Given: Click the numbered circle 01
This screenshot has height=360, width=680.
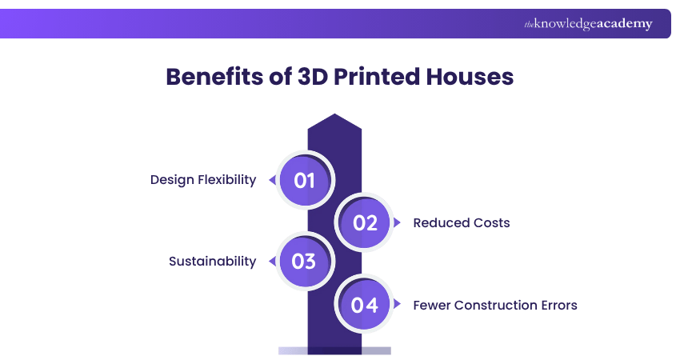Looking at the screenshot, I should (x=304, y=180).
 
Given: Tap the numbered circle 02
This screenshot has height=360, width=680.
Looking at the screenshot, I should (x=365, y=222).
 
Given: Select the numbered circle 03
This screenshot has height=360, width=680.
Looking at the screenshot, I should (x=304, y=262).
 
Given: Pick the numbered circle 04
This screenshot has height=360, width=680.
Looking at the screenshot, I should (x=365, y=305).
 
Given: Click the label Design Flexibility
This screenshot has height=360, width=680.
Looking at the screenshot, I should (x=203, y=180).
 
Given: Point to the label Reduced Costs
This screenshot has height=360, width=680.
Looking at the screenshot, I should (x=462, y=222).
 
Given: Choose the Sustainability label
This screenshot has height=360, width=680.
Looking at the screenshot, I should (x=212, y=262).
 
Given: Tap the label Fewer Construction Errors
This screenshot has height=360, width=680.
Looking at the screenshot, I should (x=495, y=305).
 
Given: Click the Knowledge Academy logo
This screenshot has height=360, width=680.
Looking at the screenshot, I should (x=588, y=24).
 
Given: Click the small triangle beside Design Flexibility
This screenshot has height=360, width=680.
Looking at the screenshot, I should (x=272, y=181).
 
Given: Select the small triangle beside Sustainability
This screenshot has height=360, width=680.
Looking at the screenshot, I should (x=272, y=262).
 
